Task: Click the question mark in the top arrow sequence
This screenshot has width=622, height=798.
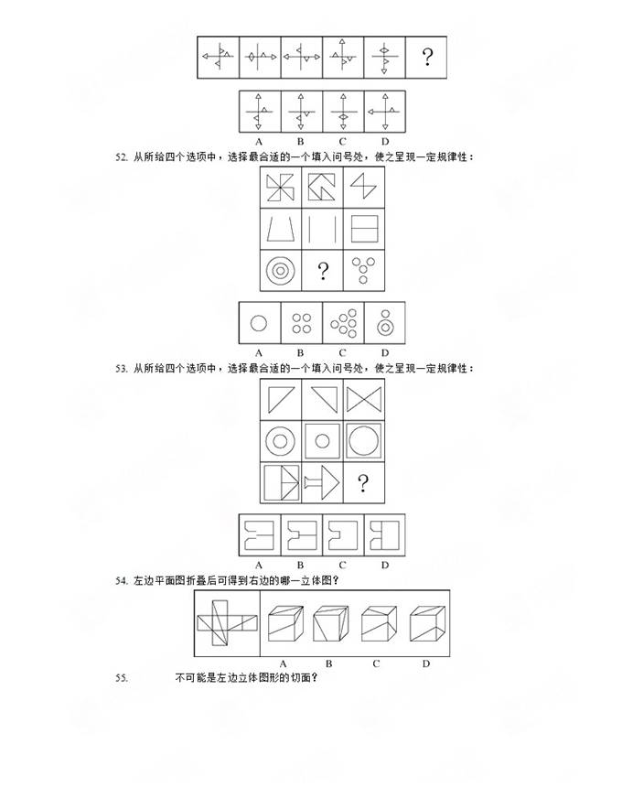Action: tap(427, 57)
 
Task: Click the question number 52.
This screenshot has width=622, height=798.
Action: tap(122, 157)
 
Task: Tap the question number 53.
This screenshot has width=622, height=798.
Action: tap(122, 369)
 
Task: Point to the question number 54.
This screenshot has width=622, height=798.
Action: tap(122, 581)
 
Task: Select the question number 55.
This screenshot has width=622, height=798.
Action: tap(122, 678)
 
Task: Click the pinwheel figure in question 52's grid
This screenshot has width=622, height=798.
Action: tap(280, 188)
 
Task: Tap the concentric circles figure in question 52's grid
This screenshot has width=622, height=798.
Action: tap(280, 270)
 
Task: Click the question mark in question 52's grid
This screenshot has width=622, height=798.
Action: tap(323, 271)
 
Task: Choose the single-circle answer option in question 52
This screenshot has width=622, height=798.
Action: tap(259, 323)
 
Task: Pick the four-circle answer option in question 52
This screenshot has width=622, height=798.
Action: tap(301, 323)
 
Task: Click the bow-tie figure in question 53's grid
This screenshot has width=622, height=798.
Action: tap(364, 399)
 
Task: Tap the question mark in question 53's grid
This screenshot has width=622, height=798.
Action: tap(362, 483)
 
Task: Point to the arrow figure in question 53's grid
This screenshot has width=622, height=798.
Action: tap(321, 482)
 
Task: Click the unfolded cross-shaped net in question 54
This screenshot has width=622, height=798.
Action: tap(228, 623)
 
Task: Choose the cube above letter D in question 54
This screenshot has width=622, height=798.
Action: tap(427, 623)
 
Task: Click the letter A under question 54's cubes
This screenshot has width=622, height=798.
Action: tap(284, 663)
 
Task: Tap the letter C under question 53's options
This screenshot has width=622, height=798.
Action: tap(342, 566)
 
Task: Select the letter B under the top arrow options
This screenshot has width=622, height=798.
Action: tap(301, 142)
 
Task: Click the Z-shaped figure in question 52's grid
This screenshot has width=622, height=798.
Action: tap(363, 187)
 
